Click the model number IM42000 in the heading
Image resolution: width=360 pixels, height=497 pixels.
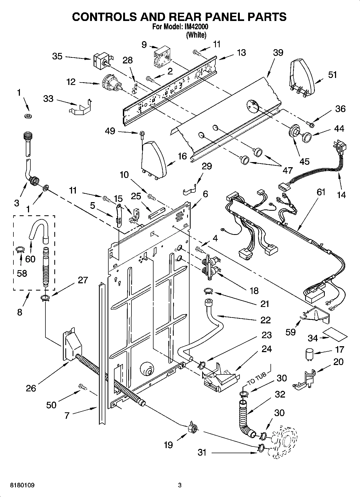pos(197,27)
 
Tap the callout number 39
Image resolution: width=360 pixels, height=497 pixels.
pos(278,53)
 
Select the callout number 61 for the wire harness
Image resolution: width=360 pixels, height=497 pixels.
pos(321,192)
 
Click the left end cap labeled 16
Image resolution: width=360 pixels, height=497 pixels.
pos(154,160)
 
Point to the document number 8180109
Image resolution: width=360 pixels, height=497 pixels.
pos(22,485)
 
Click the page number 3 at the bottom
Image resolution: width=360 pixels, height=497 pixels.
pos(180,485)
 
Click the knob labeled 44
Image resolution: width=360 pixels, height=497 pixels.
pos(306,137)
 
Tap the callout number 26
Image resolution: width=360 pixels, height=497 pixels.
pos(31,388)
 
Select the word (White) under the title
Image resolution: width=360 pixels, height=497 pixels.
pos(197,35)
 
